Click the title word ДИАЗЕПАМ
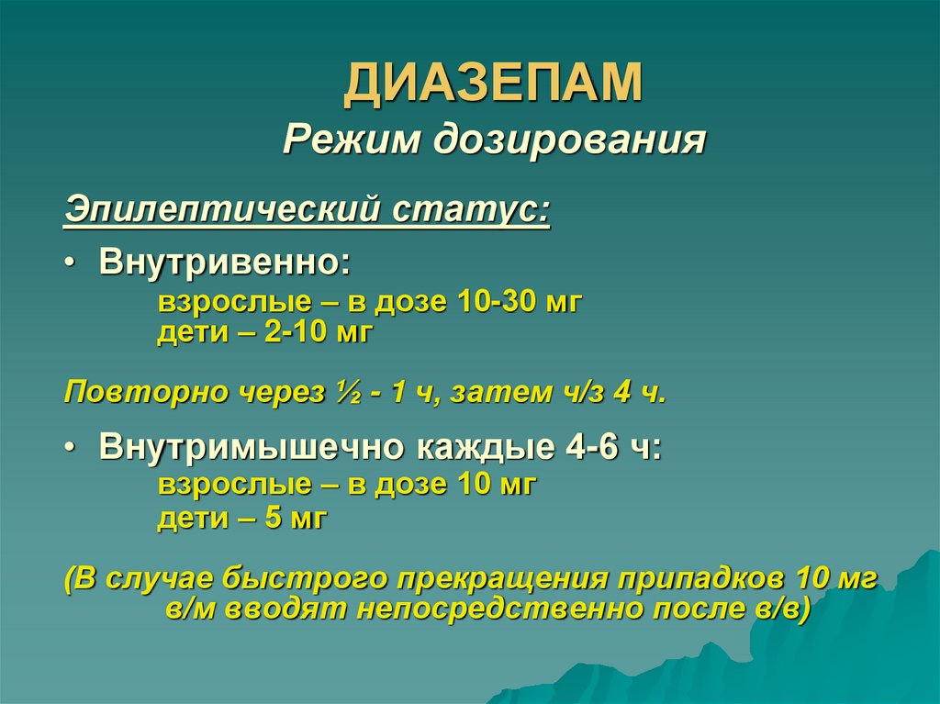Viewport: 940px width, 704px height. (x=494, y=83)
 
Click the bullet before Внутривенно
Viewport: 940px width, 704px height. (x=71, y=263)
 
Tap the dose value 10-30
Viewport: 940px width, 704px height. (x=494, y=302)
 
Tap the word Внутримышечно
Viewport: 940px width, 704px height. (x=253, y=448)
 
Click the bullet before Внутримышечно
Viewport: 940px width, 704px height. (x=71, y=449)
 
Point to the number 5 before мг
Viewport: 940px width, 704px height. (x=272, y=520)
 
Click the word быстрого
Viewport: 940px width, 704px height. (x=309, y=581)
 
